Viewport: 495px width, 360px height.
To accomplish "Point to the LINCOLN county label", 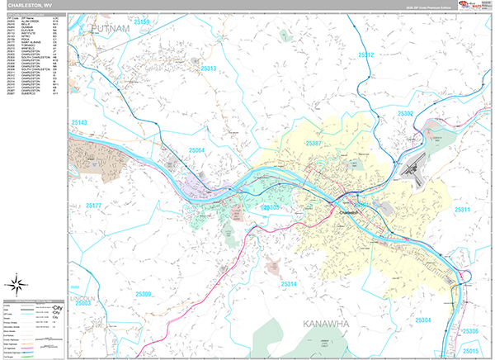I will (x=82, y=297).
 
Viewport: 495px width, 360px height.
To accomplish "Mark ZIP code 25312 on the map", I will (x=366, y=56).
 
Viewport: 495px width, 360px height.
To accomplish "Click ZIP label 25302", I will (x=406, y=114).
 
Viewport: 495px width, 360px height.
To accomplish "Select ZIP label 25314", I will (x=289, y=284).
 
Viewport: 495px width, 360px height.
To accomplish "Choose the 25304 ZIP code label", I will (x=423, y=320).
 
